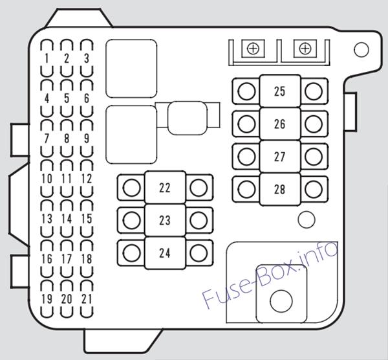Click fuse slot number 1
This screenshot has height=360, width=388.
click(47, 58)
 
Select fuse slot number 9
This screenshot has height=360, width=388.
click(87, 139)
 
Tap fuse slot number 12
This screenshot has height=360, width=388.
click(87, 179)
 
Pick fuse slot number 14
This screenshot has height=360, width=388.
click(67, 219)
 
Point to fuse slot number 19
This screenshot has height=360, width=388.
click(47, 298)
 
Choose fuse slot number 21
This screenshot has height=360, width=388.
click(87, 298)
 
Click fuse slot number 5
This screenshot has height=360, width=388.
click(67, 98)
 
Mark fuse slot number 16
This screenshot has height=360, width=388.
click(47, 259)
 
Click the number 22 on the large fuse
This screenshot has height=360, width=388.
click(165, 188)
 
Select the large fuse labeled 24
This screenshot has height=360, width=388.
click(165, 253)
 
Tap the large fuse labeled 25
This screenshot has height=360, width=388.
click(280, 91)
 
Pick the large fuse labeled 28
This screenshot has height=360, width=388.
click(280, 189)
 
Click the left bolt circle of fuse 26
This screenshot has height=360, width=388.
click(246, 124)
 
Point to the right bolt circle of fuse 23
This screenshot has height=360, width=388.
click(199, 220)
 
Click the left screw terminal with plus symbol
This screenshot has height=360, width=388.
click(253, 49)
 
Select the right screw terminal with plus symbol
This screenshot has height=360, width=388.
click(305, 49)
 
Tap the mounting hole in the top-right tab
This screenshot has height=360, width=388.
click(361, 50)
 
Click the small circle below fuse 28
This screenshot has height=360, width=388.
click(307, 219)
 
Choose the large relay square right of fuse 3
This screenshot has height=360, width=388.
click(131, 69)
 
